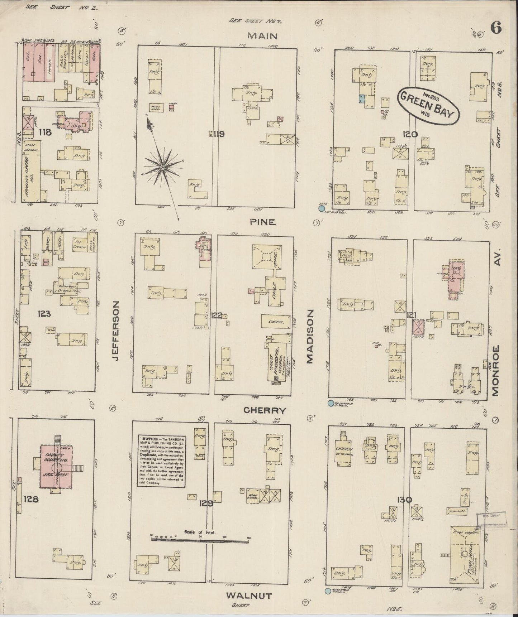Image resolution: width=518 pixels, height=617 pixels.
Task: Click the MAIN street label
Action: (263, 36)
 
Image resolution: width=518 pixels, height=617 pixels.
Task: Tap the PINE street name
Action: (263, 222)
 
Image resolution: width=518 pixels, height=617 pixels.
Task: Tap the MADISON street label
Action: (309, 337)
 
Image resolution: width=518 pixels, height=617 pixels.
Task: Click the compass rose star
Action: (162, 167)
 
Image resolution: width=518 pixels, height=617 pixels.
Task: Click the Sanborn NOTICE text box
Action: (162, 461)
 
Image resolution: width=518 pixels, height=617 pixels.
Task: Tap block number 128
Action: (30, 499)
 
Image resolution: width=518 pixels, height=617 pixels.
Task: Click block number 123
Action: (44, 314)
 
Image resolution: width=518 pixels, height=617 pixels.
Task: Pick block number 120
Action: (409, 134)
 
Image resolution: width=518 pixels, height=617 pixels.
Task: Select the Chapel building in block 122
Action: (275, 322)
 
